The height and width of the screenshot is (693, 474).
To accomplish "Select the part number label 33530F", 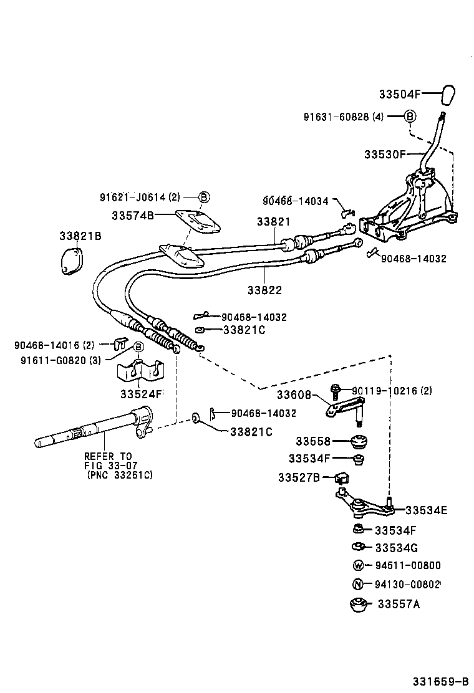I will (x=385, y=154).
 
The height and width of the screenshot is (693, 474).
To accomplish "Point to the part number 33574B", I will (x=133, y=216).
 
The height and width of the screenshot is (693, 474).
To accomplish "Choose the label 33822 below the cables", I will (x=264, y=290).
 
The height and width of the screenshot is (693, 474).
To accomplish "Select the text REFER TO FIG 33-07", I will (x=111, y=461).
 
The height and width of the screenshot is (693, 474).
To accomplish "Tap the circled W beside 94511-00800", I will (x=358, y=566).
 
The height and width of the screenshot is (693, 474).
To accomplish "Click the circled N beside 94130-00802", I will (x=358, y=585).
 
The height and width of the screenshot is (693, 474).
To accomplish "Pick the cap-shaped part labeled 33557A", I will (x=358, y=605).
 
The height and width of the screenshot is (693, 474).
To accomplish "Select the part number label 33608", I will (x=294, y=394).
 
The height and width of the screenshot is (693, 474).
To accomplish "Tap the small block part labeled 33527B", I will (x=342, y=478).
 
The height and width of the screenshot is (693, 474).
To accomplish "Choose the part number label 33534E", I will (x=427, y=510).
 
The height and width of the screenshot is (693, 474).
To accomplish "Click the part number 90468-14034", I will (x=295, y=201).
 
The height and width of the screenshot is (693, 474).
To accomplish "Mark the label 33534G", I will (x=397, y=548).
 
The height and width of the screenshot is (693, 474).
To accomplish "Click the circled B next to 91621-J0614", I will (x=204, y=198).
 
